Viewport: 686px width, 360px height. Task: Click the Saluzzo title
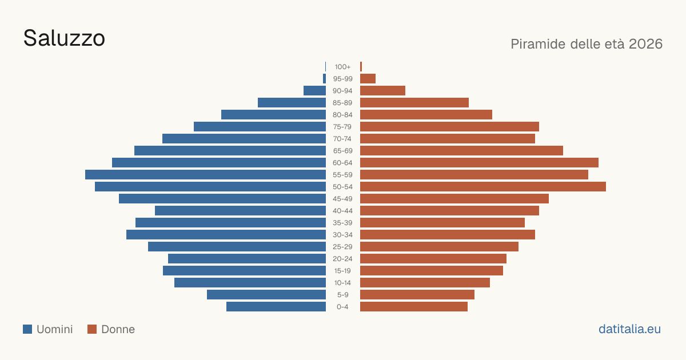pyautogui.click(x=64, y=38)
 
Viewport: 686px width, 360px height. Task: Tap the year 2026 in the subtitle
pyautogui.click(x=645, y=44)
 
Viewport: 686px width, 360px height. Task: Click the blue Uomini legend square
pyautogui.click(x=27, y=329)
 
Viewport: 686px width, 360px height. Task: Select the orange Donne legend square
pyautogui.click(x=92, y=329)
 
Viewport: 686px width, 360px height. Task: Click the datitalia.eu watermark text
pyautogui.click(x=629, y=329)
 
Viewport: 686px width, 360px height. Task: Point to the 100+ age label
pyautogui.click(x=342, y=67)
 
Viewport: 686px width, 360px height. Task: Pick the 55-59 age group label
pyautogui.click(x=342, y=175)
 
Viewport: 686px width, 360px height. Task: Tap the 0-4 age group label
pyautogui.click(x=342, y=307)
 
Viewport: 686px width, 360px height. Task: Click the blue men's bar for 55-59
pyautogui.click(x=205, y=174)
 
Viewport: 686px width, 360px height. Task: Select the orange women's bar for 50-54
pyautogui.click(x=483, y=187)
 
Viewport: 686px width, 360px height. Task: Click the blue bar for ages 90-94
pyautogui.click(x=314, y=91)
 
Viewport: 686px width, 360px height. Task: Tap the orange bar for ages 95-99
pyautogui.click(x=368, y=79)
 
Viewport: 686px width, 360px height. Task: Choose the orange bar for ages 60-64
pyautogui.click(x=479, y=162)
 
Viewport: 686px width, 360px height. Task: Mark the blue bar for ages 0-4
pyautogui.click(x=276, y=307)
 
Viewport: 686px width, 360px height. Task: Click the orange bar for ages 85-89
pyautogui.click(x=414, y=102)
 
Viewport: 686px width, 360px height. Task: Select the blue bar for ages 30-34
pyautogui.click(x=226, y=235)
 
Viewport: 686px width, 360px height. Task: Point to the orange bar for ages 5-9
pyautogui.click(x=417, y=295)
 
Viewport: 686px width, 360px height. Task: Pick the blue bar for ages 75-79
pyautogui.click(x=260, y=127)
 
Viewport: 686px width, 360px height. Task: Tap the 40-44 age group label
pyautogui.click(x=342, y=211)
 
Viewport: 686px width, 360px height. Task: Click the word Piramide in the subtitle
pyautogui.click(x=538, y=44)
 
